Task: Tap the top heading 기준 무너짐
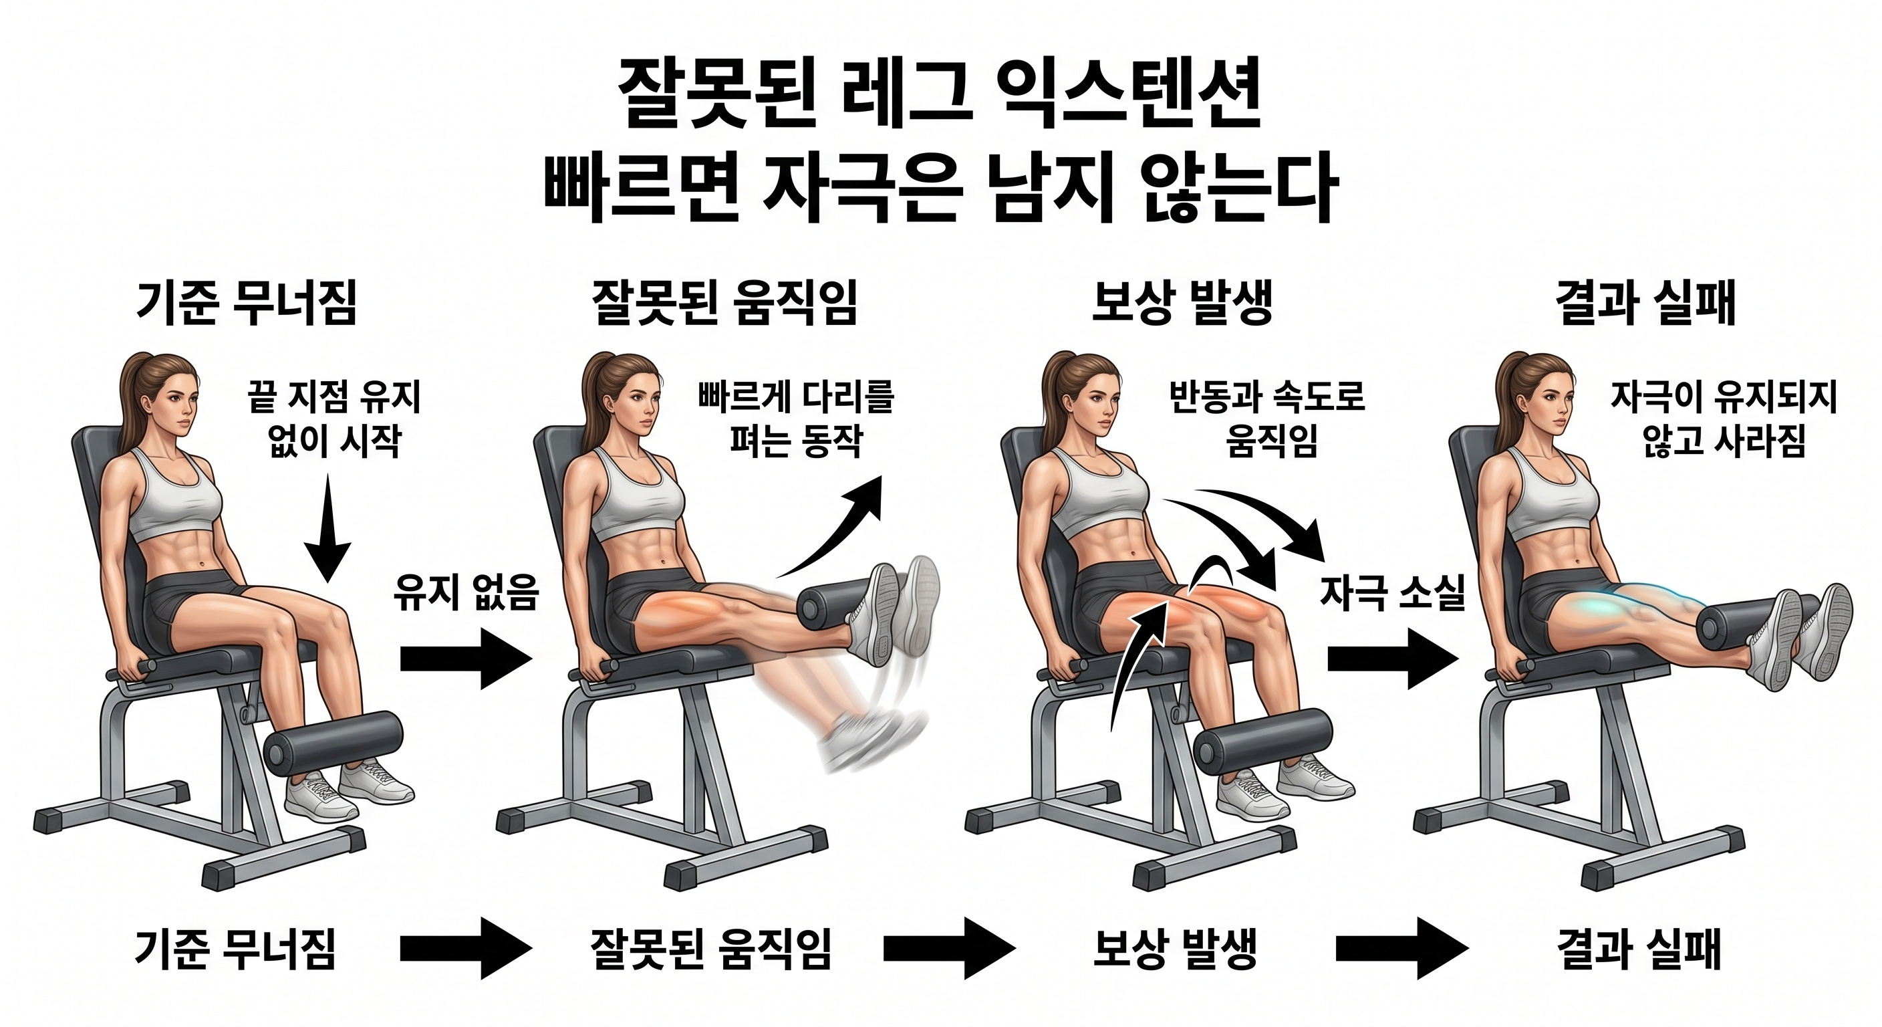tap(247, 304)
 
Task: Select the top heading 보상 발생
tap(1182, 304)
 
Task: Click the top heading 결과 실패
tap(1645, 304)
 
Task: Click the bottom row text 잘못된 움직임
tap(710, 949)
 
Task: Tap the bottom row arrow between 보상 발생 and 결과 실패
tap(1401, 949)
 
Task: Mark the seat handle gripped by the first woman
tap(132, 669)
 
